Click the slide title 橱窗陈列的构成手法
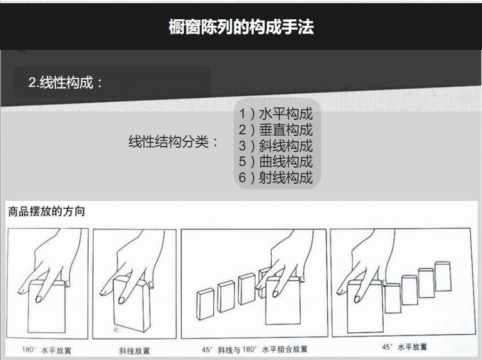tap(241, 27)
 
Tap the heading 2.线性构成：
tap(66, 82)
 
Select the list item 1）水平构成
tap(276, 114)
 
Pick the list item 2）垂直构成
tap(276, 130)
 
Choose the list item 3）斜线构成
tap(276, 146)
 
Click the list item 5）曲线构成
tap(276, 162)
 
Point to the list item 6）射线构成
tap(276, 177)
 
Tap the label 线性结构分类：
tap(174, 141)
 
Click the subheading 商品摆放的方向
tap(46, 212)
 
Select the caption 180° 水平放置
tap(47, 350)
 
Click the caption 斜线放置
tap(134, 350)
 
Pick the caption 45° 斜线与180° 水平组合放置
tap(254, 350)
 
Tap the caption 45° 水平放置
tap(404, 347)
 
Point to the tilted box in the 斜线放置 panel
tap(132, 304)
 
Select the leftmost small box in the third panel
tap(205, 304)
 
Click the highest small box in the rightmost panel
tap(443, 276)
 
